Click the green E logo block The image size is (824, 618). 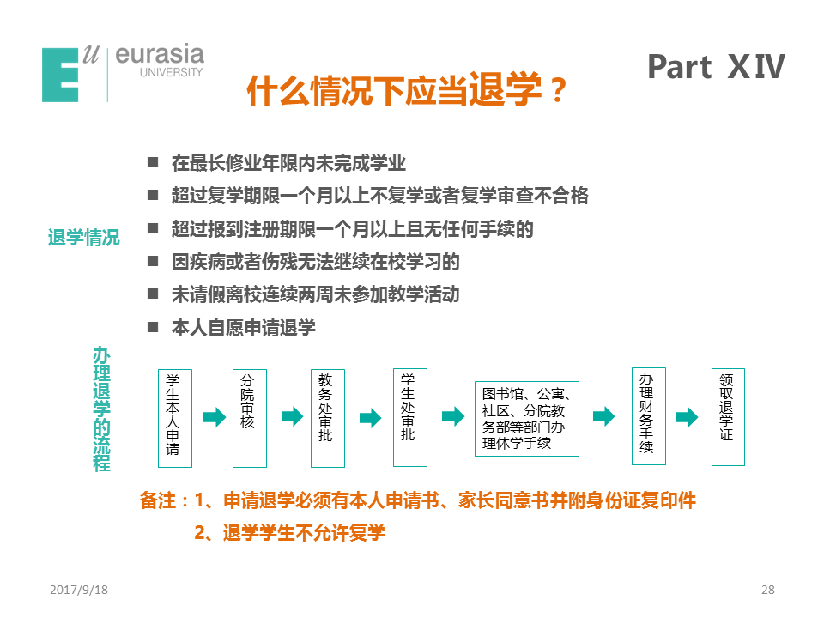coord(60,75)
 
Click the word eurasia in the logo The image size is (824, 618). coord(160,54)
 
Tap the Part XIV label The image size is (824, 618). coord(716,67)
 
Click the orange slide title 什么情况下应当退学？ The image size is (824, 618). coord(406,90)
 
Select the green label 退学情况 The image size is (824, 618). coord(83,238)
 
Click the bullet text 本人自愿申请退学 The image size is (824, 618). coord(243,327)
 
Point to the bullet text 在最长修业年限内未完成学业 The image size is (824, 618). coord(288,163)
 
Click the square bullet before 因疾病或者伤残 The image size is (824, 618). coord(153,261)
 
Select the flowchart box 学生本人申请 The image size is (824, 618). coord(175,418)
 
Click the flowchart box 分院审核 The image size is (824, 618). coord(250,418)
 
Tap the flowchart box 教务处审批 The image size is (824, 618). coord(328,418)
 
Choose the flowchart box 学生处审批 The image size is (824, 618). coord(410,418)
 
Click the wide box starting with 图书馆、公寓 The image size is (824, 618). coord(526,419)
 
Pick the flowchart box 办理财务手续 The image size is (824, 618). coord(649,416)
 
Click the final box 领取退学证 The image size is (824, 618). coord(728,417)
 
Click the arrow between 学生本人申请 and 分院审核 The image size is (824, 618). coord(215,417)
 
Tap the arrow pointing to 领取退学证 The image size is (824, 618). coord(687,417)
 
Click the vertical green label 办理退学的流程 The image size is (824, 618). coord(101,409)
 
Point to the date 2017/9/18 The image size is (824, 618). coord(79,590)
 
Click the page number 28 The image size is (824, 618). coord(767,590)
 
